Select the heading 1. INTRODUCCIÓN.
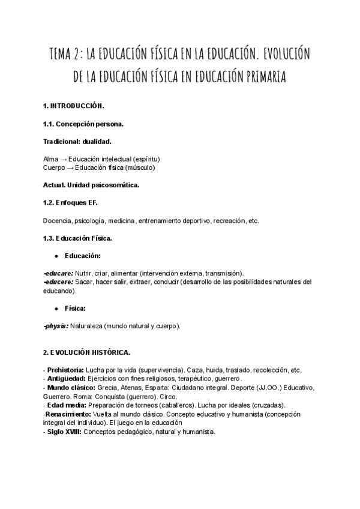pyautogui.click(x=74, y=106)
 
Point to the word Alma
pyautogui.click(x=51, y=158)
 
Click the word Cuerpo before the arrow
pyautogui.click(x=55, y=167)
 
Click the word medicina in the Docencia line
pyautogui.click(x=119, y=221)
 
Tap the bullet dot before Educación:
pyautogui.click(x=56, y=256)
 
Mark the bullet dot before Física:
pyautogui.click(x=56, y=309)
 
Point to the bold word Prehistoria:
pyautogui.click(x=66, y=370)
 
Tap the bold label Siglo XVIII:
pyautogui.click(x=67, y=432)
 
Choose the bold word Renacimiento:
pyautogui.click(x=67, y=414)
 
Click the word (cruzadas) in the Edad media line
pyautogui.click(x=267, y=405)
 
